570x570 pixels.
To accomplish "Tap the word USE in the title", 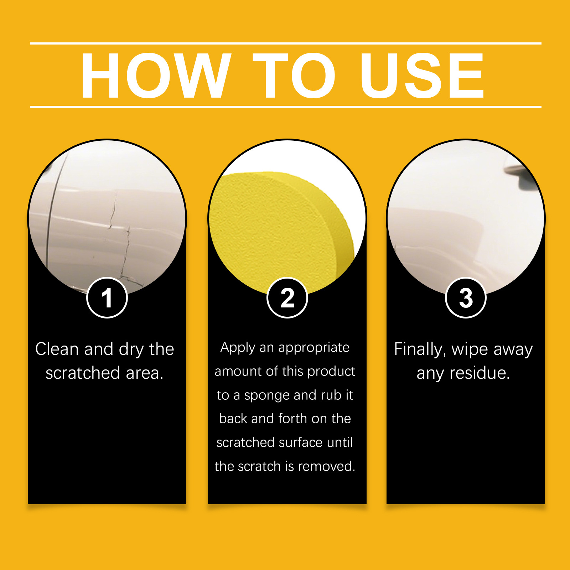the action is [x=422, y=75].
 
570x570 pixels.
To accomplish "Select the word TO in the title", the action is [x=294, y=75].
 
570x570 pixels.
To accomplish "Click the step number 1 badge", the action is [x=107, y=298].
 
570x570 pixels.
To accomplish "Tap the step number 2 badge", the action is [x=287, y=298].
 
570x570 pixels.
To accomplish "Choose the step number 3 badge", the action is [x=466, y=298].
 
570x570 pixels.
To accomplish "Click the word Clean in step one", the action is [x=57, y=349].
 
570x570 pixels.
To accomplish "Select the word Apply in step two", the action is [x=238, y=348].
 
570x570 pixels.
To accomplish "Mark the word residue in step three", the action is [x=480, y=373].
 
